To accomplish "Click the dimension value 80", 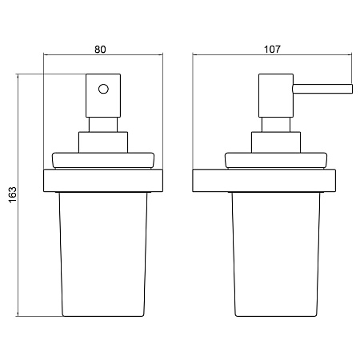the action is (100, 50).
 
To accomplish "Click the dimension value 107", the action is (272, 50).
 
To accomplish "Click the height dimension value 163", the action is (13, 195).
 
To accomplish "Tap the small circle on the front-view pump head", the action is (103, 89).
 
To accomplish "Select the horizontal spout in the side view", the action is (322, 89).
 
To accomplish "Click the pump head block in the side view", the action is (276, 95).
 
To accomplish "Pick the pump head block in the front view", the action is (103, 95).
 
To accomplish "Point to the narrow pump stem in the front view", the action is (103, 125).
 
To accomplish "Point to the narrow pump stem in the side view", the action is (276, 125).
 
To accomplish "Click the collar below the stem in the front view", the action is (103, 142).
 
